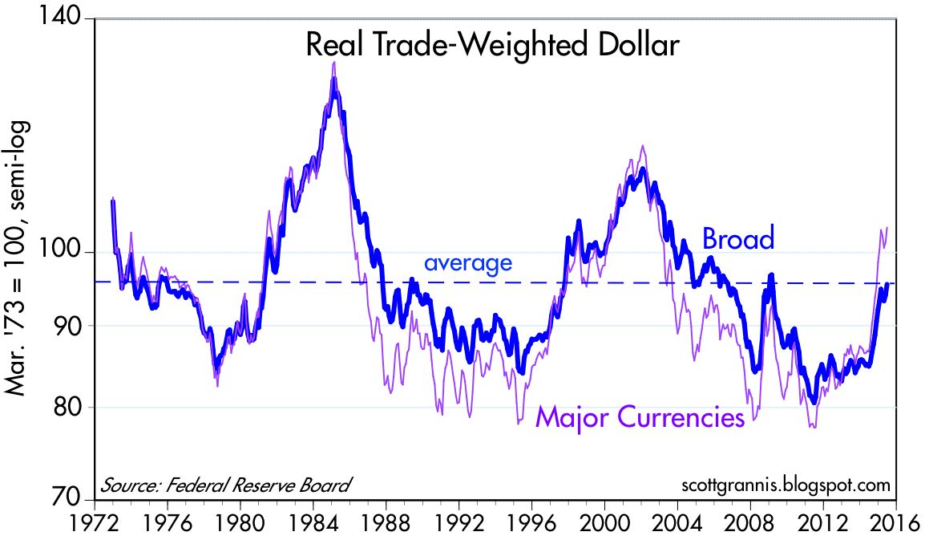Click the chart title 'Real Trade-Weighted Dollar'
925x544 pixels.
pyautogui.click(x=493, y=45)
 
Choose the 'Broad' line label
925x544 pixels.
pyautogui.click(x=738, y=239)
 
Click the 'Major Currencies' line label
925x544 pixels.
pyautogui.click(x=640, y=418)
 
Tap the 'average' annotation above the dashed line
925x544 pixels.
pyautogui.click(x=467, y=262)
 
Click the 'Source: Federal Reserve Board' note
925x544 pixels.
pyautogui.click(x=225, y=485)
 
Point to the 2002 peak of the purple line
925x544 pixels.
pyautogui.click(x=642, y=146)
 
